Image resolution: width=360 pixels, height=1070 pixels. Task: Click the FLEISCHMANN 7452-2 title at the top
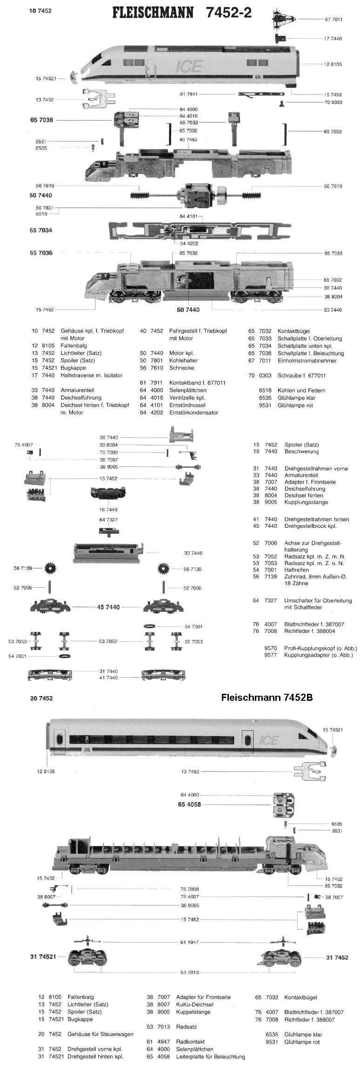click(181, 13)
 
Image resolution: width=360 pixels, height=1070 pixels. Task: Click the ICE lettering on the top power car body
click(185, 67)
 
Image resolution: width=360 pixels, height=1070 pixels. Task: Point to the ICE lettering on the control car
click(268, 740)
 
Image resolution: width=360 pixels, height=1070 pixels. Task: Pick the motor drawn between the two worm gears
click(193, 194)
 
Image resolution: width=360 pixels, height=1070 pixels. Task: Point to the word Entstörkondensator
click(193, 412)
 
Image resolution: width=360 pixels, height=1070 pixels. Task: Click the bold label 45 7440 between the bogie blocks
click(108, 607)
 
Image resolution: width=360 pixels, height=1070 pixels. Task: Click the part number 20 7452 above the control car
click(41, 698)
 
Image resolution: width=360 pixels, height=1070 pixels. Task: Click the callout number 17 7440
click(333, 39)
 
